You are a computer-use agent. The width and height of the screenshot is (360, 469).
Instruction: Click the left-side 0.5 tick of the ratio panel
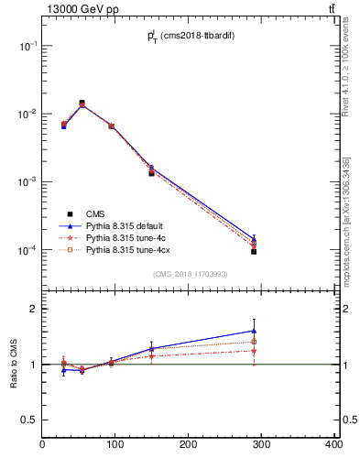(x=33, y=419)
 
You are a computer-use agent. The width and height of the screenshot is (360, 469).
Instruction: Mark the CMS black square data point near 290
(x=254, y=251)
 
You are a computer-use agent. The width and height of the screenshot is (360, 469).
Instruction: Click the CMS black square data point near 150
(x=151, y=173)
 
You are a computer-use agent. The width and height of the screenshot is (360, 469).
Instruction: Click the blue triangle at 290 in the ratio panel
(x=254, y=331)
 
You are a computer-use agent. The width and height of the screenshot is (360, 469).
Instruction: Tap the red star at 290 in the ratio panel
(x=254, y=351)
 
